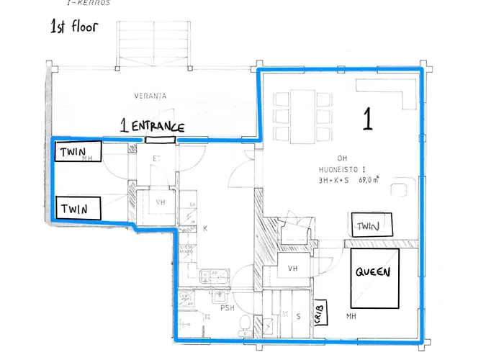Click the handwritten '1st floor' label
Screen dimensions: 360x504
click(x=73, y=28)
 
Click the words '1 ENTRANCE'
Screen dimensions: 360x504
click(x=153, y=127)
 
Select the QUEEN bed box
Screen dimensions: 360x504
click(x=374, y=278)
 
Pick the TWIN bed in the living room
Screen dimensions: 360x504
click(x=372, y=226)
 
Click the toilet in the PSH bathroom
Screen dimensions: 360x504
click(x=245, y=324)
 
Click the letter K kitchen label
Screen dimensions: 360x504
click(x=205, y=229)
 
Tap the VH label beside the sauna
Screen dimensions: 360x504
click(x=292, y=268)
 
